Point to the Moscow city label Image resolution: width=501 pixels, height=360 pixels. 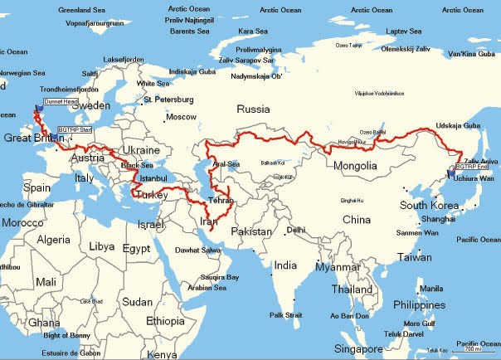click(x=181, y=117)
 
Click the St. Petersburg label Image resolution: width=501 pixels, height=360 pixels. click(x=169, y=100)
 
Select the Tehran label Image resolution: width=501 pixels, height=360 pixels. click(x=220, y=201)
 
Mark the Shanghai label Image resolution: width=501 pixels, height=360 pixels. click(x=438, y=219)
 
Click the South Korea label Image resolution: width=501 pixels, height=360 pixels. click(x=430, y=205)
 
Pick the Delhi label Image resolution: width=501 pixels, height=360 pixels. click(x=295, y=230)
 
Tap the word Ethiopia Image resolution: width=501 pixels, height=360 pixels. click(x=165, y=321)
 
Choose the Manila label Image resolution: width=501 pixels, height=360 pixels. click(x=431, y=288)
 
